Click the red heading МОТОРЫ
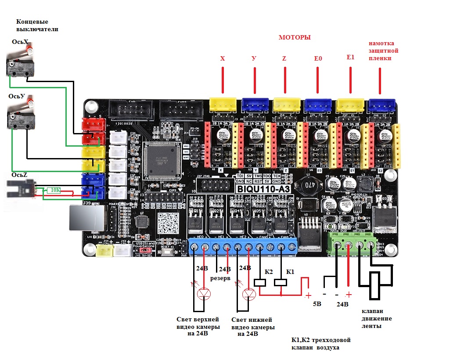coord(295,38)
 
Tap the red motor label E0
coord(318,58)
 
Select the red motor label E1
coord(350,58)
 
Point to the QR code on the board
coord(168,223)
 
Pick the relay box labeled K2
coord(261,283)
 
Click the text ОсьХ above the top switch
coord(20,42)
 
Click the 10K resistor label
coord(54,190)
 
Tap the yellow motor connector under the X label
coord(223,104)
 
